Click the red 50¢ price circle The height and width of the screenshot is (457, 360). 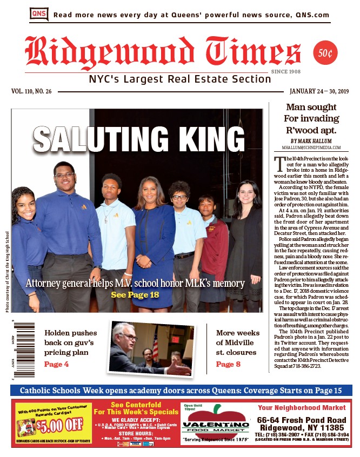coord(326,53)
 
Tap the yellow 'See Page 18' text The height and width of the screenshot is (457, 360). coord(135,295)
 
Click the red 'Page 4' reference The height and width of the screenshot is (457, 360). coord(56,365)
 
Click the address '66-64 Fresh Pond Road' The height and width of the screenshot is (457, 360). coord(302,420)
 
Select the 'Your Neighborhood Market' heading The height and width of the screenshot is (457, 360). coord(302,407)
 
